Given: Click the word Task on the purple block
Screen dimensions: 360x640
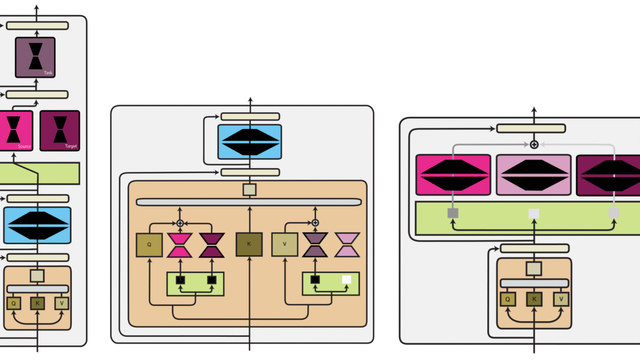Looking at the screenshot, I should [x=48, y=73].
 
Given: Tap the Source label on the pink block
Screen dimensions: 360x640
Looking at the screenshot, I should [x=25, y=146].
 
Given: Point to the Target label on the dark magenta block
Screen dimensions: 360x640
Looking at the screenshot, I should [x=70, y=146].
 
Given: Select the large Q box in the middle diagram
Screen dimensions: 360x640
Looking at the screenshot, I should [x=149, y=245].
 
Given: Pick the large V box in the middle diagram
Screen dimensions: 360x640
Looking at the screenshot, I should [x=285, y=245].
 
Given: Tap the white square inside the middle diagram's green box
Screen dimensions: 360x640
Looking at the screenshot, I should [x=346, y=279].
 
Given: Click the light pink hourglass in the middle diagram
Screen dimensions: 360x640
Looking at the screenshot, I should [x=347, y=245].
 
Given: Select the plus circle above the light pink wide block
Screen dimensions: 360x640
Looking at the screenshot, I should [x=534, y=145].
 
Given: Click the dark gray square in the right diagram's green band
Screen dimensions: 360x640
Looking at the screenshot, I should [x=453, y=213].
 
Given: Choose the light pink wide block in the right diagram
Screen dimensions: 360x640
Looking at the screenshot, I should [x=534, y=175].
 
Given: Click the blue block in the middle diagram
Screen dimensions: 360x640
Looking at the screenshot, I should [x=250, y=142].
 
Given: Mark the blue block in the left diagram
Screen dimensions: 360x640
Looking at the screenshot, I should [x=37, y=225].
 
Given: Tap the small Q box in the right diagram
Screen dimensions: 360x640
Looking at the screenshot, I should [x=507, y=300].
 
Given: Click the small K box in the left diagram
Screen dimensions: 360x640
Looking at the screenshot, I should [x=37, y=303].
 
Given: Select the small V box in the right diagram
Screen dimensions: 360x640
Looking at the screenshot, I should [x=561, y=300].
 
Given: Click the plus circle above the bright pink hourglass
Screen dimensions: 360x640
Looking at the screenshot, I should [x=180, y=223].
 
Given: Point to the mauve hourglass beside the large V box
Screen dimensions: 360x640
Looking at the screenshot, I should [x=316, y=245].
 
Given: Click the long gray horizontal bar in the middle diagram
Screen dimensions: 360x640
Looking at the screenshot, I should [x=249, y=202].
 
